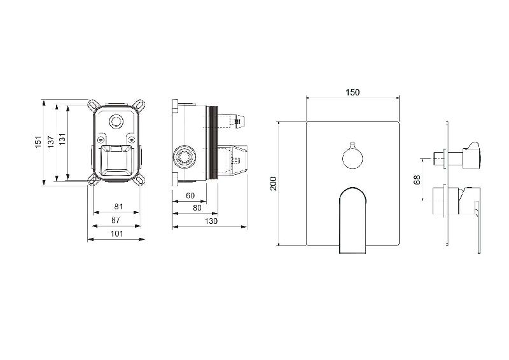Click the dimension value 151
click(x=39, y=142)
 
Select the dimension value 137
click(x=51, y=142)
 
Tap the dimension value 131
click(x=62, y=139)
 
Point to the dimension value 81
click(x=119, y=207)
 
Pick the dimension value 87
click(x=116, y=220)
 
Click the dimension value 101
click(x=117, y=233)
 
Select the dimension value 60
click(x=190, y=195)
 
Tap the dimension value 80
click(x=197, y=208)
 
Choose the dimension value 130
click(x=211, y=221)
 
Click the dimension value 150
click(x=352, y=92)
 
